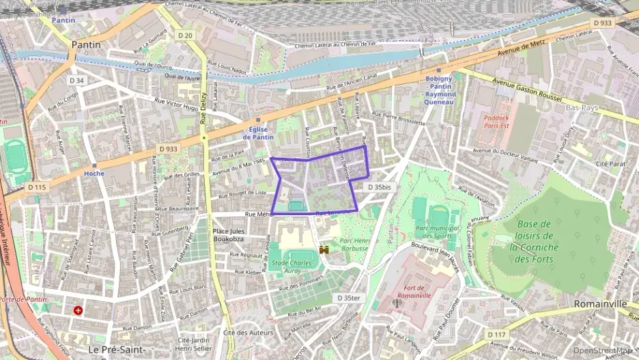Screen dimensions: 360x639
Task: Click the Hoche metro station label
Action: coord(94,174)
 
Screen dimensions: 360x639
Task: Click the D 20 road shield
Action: coord(184,35)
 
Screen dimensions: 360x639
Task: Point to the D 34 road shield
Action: coord(76,81)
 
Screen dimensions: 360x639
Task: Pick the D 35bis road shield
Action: coord(379,186)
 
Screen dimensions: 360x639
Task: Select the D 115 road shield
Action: coord(37,186)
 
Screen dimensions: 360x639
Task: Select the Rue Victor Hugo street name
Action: coord(176,104)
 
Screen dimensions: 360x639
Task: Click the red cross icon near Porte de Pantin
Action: coord(78,310)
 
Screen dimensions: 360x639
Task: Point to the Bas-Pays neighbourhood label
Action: coord(582,108)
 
